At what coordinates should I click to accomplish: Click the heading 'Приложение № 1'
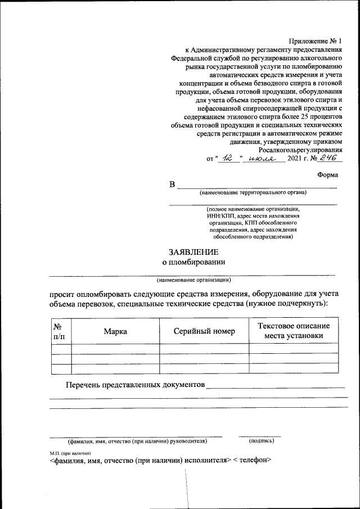[x=315, y=41]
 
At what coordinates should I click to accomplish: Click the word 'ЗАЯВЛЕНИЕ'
[x=193, y=252]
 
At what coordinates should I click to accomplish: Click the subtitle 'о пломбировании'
[x=193, y=262]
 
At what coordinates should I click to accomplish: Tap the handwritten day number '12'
[x=227, y=159]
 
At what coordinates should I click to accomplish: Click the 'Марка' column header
[x=115, y=331]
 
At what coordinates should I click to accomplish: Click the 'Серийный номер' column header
[x=204, y=331]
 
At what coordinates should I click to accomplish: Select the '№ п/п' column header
[x=58, y=331]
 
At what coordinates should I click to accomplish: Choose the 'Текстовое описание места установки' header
[x=294, y=331]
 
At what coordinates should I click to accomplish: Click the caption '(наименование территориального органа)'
[x=252, y=192]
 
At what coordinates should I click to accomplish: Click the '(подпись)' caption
[x=260, y=441]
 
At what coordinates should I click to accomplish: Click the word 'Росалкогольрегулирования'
[x=300, y=150]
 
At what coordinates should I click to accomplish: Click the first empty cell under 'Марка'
[x=115, y=349]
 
